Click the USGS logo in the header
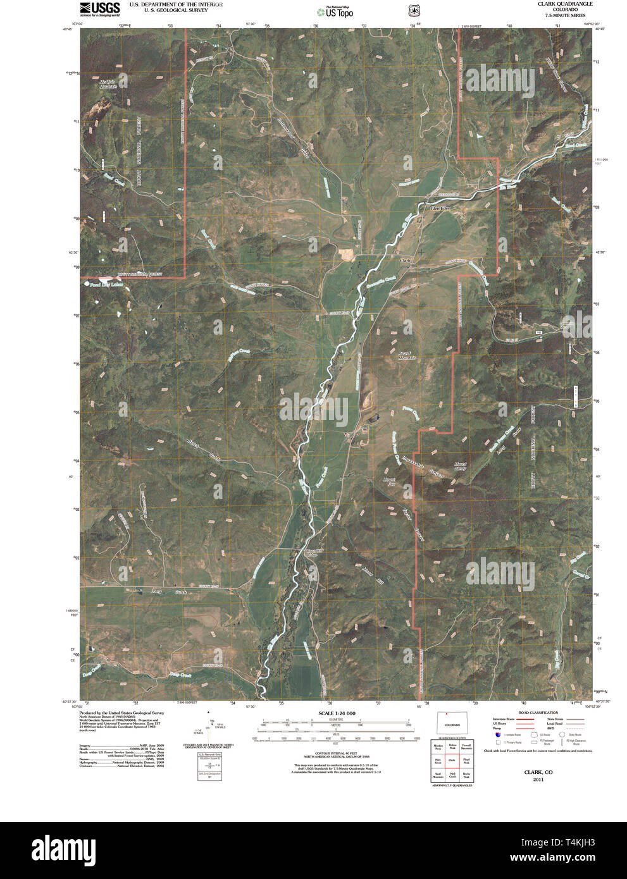pos(99,8)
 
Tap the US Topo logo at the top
pos(335,11)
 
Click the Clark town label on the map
pos(406,261)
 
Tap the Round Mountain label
pos(407,355)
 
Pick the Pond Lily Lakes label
pos(106,285)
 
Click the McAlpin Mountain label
pos(108,83)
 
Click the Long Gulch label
pos(158,592)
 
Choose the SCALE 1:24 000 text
pos(333,713)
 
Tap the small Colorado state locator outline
pos(452,722)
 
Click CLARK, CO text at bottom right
pos(538,772)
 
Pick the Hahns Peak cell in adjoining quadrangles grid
pos(452,747)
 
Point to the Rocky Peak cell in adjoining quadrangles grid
pos(466,775)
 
